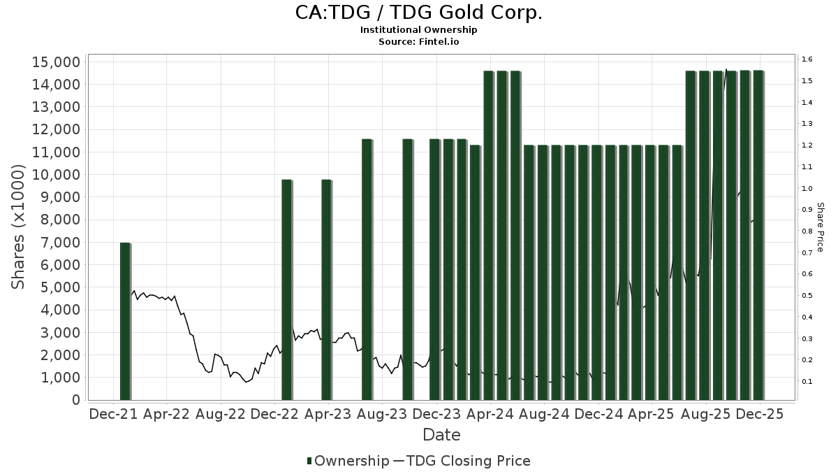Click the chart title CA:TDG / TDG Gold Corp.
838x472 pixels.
pyautogui.click(x=418, y=13)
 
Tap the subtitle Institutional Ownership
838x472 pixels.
pyautogui.click(x=418, y=30)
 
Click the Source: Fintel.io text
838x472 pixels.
pyautogui.click(x=418, y=41)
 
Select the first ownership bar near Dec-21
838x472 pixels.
pyautogui.click(x=125, y=321)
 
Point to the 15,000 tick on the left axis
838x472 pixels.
pyautogui.click(x=57, y=62)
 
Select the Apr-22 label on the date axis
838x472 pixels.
pyautogui.click(x=167, y=414)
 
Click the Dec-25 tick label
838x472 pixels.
pyautogui.click(x=758, y=414)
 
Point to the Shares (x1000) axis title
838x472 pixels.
pyautogui.click(x=19, y=227)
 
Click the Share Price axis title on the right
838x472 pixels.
pyautogui.click(x=821, y=227)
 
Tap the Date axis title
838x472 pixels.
pyautogui.click(x=441, y=435)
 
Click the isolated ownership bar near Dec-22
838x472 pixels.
pyautogui.click(x=286, y=289)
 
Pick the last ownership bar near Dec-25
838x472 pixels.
pyautogui.click(x=758, y=235)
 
